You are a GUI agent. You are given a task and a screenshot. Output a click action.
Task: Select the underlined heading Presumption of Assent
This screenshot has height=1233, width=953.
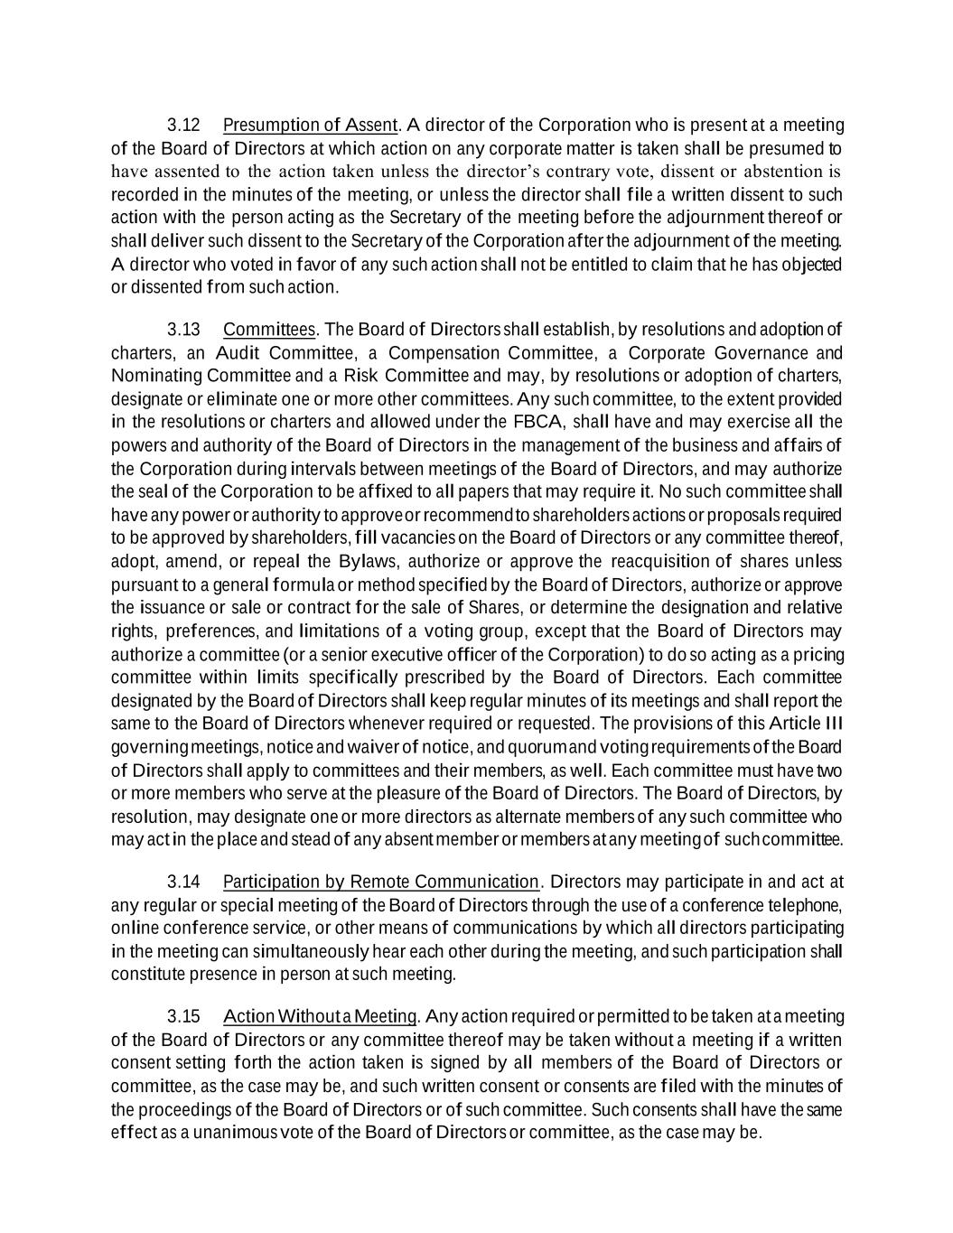click(310, 125)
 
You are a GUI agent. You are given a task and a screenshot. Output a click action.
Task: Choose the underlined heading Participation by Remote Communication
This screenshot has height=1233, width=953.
click(380, 882)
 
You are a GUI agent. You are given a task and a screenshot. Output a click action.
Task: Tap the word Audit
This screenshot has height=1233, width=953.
click(239, 352)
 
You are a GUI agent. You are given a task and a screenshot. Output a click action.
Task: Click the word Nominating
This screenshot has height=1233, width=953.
click(156, 376)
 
